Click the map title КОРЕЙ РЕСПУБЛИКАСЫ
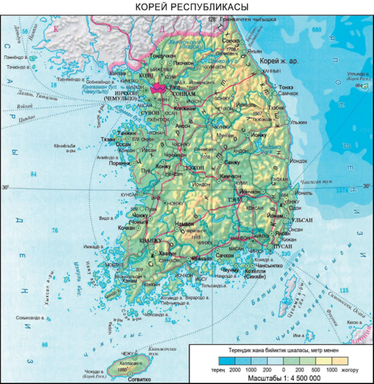coord(186,6)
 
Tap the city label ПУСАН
coord(282,245)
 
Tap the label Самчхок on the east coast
coord(289,93)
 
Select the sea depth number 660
coord(314,29)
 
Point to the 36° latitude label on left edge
coord(5,187)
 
